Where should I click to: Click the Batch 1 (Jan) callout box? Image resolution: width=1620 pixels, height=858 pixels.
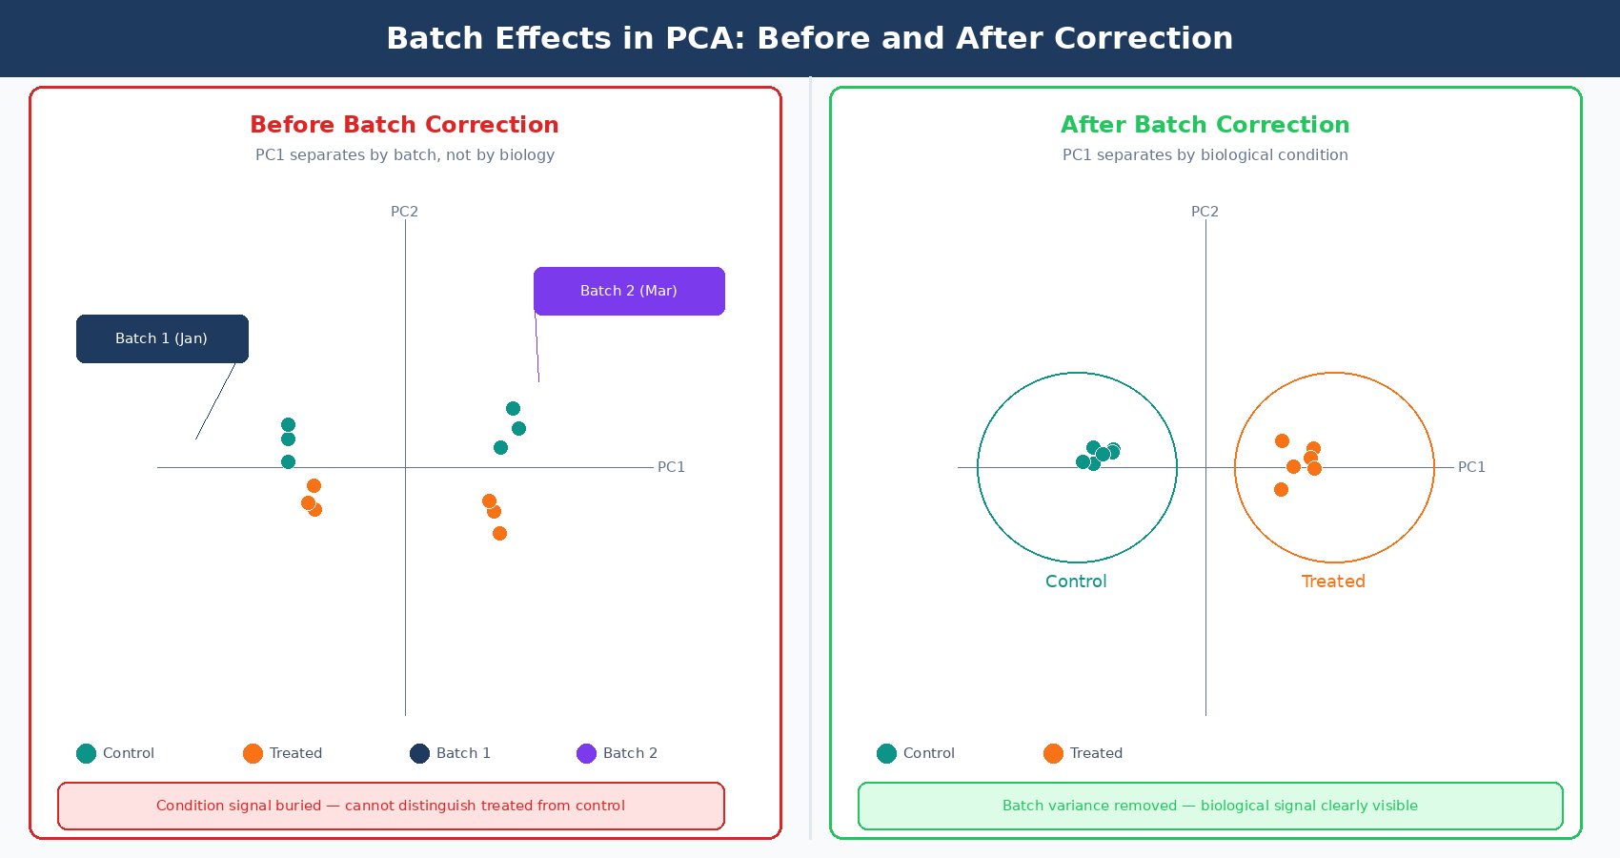click(162, 338)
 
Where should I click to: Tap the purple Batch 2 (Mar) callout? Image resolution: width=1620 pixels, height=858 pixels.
click(629, 291)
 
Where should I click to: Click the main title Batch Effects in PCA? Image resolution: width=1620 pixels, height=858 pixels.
click(809, 38)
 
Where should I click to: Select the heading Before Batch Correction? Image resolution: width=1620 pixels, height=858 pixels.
click(404, 125)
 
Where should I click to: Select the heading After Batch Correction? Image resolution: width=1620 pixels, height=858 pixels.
click(1205, 125)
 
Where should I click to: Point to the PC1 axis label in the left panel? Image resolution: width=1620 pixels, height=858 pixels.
click(671, 467)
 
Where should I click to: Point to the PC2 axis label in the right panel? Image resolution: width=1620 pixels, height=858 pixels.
click(1205, 212)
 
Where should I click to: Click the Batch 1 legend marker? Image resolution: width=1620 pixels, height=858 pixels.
click(419, 753)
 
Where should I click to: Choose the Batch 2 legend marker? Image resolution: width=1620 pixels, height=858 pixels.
click(586, 753)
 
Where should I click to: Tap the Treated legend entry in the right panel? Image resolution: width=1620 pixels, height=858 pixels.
click(1083, 753)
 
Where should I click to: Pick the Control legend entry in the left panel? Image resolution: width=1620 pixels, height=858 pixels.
click(115, 753)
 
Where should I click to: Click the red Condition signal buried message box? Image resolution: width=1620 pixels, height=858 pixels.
click(391, 806)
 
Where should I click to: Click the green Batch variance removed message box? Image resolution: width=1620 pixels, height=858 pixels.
click(1210, 806)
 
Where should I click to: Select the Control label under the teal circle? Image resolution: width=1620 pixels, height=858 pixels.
click(1076, 582)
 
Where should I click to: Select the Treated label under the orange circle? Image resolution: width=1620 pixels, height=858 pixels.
click(1333, 582)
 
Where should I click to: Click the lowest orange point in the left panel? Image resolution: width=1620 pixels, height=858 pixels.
click(499, 533)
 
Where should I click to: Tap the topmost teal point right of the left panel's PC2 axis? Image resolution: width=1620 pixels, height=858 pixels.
click(513, 408)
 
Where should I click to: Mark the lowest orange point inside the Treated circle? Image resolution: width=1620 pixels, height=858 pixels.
click(1281, 489)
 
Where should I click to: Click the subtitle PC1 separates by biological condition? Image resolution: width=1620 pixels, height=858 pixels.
click(1205, 154)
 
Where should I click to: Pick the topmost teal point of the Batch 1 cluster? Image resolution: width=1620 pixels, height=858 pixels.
click(288, 424)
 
